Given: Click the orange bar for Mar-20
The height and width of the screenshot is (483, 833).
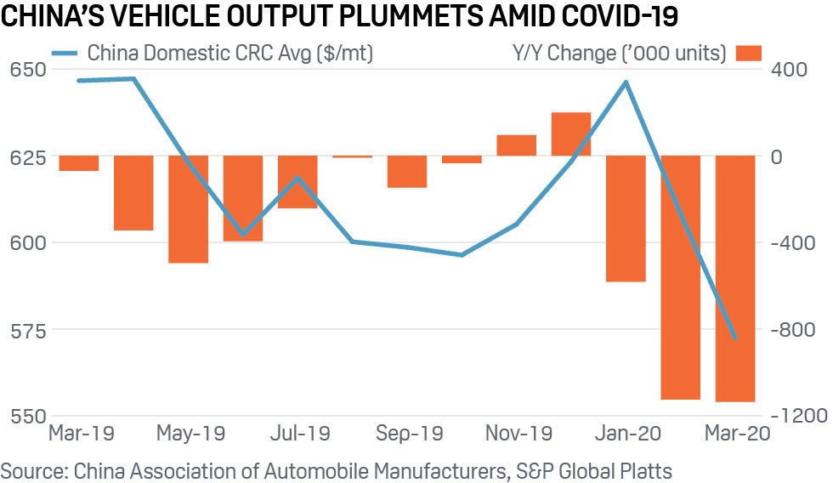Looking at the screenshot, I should tap(735, 279).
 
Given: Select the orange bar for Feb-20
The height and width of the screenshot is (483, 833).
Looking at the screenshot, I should tap(681, 277).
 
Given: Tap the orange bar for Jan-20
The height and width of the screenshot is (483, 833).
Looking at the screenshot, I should tap(626, 219).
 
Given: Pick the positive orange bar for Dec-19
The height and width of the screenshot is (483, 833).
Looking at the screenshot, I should tap(571, 134).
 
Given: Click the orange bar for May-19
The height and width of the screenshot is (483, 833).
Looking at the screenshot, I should tap(188, 209).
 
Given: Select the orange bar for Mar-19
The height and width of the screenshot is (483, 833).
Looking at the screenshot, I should tap(79, 163).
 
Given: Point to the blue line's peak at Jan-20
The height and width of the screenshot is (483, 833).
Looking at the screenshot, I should tap(626, 82).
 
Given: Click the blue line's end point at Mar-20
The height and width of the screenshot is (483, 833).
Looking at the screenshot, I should tap(735, 338).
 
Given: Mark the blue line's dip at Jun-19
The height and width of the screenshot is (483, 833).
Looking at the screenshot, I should tap(243, 234).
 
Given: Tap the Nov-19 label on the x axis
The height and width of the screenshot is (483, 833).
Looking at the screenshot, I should tap(518, 435).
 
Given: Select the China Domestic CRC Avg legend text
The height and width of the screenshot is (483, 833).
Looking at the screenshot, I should tap(230, 54).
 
